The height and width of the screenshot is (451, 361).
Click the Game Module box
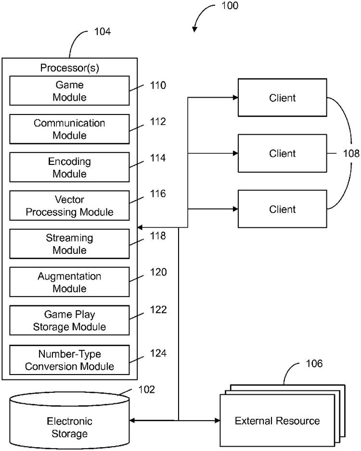coord(69,90)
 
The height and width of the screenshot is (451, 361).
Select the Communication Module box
coord(69,129)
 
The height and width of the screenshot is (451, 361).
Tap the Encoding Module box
coord(69,167)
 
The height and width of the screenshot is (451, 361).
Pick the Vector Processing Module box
coord(69,206)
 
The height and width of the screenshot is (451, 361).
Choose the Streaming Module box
coord(69,244)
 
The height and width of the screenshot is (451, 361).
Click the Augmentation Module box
coord(69,282)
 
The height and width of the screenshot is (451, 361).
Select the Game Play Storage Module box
coord(69,321)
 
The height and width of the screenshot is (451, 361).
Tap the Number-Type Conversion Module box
coord(69,360)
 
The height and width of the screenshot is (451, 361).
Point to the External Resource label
coord(277,421)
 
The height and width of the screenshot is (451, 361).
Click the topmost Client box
coord(283,98)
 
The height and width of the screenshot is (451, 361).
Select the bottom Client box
coord(283,209)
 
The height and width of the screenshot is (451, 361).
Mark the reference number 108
coord(351,154)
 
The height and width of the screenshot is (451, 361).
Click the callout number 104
coord(102,32)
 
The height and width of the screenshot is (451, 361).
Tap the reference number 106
coord(313,363)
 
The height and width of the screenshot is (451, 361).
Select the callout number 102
coord(146,389)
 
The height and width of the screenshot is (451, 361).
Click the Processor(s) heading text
coord(69,68)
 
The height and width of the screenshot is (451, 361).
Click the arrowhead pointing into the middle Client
coord(235,153)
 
